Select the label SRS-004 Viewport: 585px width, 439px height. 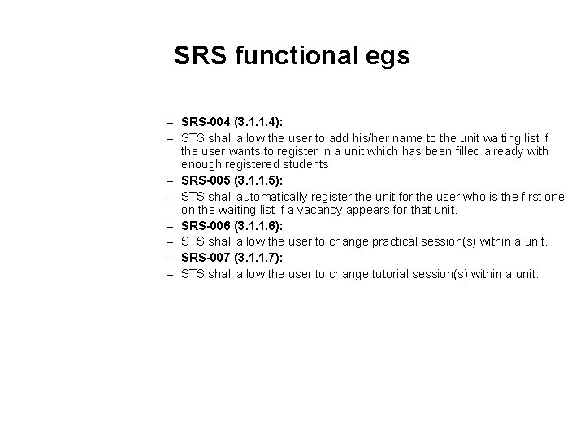click(x=207, y=121)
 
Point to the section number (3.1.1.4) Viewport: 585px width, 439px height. click(x=258, y=121)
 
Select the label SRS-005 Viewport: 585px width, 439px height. click(x=207, y=180)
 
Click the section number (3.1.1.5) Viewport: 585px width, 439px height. click(x=258, y=180)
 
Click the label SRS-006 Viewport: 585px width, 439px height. click(x=207, y=225)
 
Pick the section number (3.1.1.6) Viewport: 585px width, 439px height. click(x=258, y=225)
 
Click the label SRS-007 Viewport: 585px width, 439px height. click(x=207, y=257)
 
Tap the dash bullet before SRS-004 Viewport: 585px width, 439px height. click(x=171, y=121)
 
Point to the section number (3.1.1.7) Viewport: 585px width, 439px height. click(x=258, y=257)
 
